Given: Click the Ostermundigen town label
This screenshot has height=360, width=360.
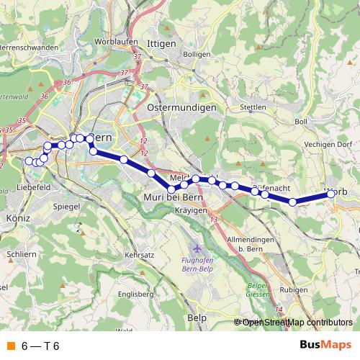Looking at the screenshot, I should click(181, 107).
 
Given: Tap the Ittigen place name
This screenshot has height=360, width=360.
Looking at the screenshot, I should click(161, 44).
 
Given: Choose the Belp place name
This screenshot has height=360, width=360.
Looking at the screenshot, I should click(196, 317).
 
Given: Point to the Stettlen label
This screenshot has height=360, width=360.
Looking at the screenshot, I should click(253, 107).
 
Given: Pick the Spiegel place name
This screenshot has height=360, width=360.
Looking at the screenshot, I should click(67, 206).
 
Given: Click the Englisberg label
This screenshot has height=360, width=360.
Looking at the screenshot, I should click(137, 294).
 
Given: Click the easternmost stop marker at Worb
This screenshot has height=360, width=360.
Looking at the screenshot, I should click(331, 193).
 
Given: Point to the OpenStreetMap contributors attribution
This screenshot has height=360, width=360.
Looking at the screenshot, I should click(297, 322).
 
